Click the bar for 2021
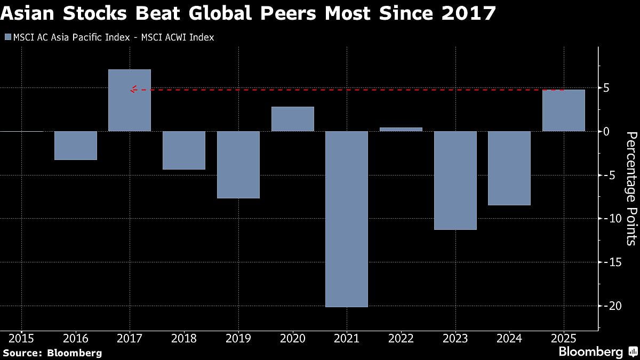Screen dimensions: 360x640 pos(347,219)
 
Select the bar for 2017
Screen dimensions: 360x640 pos(130,100)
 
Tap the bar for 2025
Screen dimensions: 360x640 pos(563,110)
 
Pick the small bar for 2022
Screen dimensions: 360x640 pos(401,129)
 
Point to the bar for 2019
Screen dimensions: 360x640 pos(238,164)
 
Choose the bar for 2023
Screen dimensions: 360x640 pos(455,180)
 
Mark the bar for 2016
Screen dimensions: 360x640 pos(76,145)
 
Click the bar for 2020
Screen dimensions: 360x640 pos(292,119)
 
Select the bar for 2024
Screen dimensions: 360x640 pos(509,168)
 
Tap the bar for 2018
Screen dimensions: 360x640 pos(184,150)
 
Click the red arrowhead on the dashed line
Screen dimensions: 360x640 pos(133,90)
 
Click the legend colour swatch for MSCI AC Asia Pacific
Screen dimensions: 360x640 pos(7,37)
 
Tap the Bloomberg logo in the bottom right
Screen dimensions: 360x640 pos(590,351)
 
